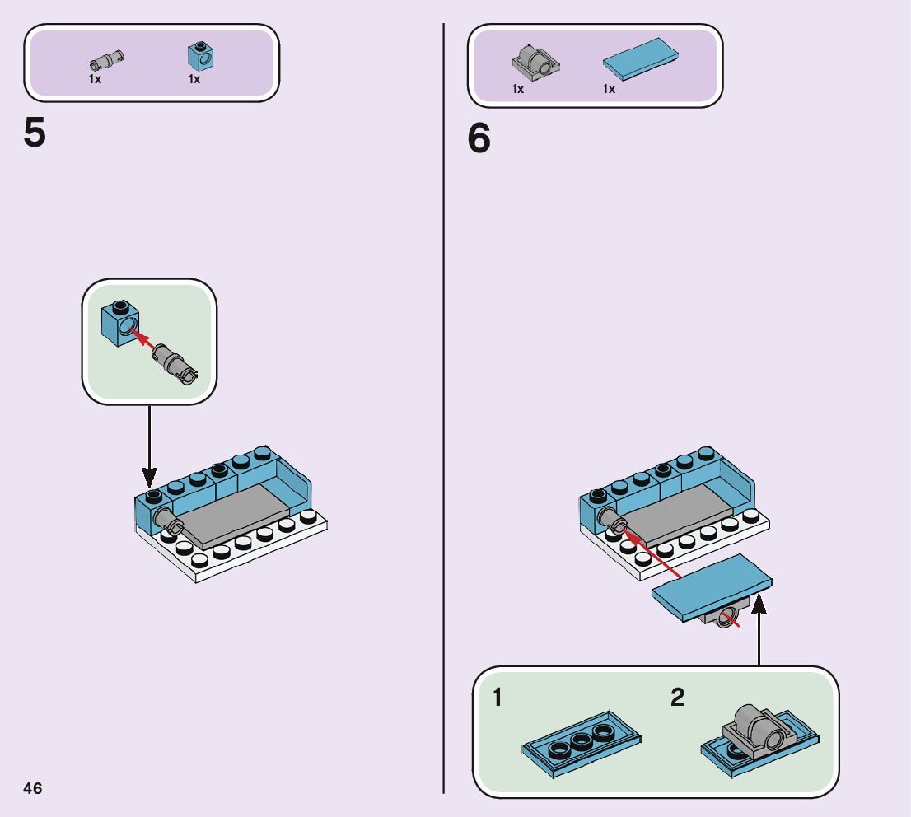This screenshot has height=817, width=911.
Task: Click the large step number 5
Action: click(35, 133)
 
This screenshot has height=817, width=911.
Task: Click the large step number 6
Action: click(479, 138)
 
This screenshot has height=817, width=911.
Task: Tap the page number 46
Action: click(32, 788)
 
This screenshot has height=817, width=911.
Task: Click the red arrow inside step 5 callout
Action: click(143, 341)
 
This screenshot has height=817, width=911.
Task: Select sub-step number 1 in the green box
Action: click(497, 698)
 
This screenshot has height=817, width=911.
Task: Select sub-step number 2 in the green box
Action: click(677, 698)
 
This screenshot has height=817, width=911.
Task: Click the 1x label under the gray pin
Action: click(95, 80)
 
